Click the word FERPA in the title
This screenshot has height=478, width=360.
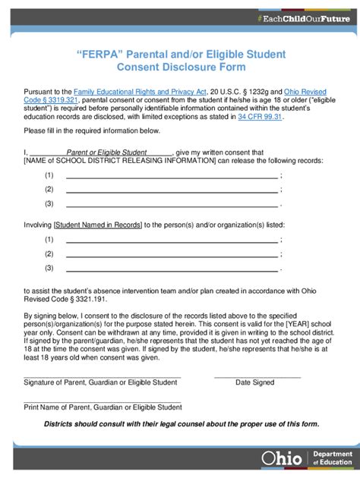click(99, 55)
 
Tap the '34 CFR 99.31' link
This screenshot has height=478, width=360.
click(260, 118)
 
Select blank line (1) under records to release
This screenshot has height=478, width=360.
click(172, 176)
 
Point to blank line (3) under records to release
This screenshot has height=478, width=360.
click(172, 204)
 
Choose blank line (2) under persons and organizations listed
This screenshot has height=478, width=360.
click(172, 254)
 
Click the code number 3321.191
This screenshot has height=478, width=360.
click(83, 299)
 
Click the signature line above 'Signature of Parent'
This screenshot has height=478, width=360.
click(102, 376)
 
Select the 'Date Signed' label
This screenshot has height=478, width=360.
click(255, 382)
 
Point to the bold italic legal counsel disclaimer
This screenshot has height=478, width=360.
click(182, 423)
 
